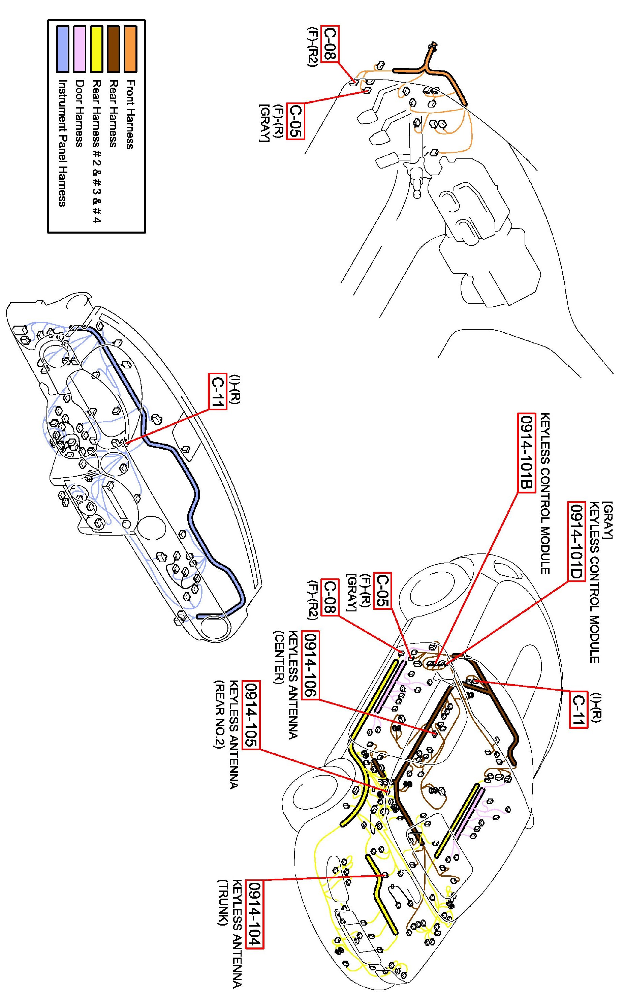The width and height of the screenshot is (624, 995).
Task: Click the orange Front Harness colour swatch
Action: [130, 49]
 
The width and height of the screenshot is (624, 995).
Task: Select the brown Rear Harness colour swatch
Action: [113, 49]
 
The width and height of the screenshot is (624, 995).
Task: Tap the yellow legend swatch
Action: [96, 49]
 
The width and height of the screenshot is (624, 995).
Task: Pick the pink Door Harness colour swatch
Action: [79, 49]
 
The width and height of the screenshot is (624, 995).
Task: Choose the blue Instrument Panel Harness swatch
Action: [62, 49]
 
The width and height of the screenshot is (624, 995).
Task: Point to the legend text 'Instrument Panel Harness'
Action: [62, 143]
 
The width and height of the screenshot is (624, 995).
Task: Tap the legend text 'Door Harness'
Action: [79, 114]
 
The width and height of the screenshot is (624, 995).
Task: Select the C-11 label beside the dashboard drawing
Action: [218, 391]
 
